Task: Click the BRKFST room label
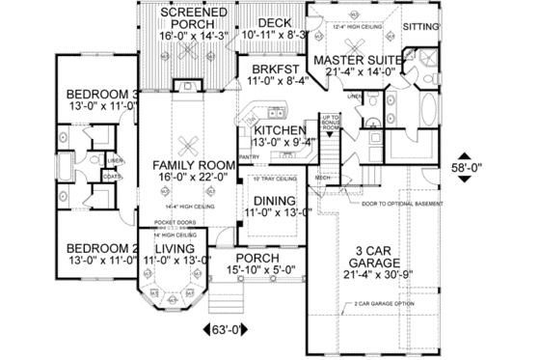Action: point(260,70)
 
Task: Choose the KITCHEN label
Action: point(281,130)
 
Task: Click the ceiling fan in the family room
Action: point(190,141)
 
